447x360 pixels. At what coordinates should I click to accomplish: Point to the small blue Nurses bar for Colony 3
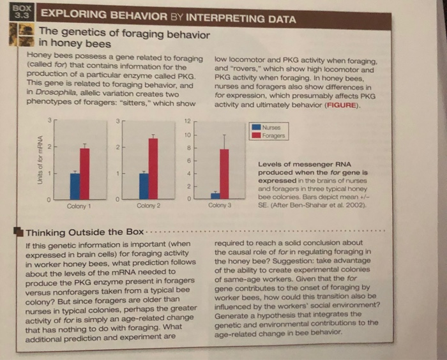click(215, 195)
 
